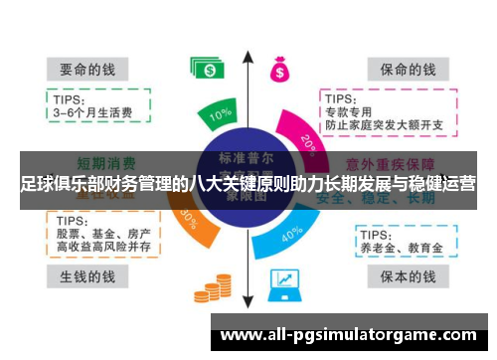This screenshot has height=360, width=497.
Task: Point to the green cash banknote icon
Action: (207, 69)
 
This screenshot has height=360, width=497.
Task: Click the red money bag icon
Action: (279, 70)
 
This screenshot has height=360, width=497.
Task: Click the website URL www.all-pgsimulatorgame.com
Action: (347, 335)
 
